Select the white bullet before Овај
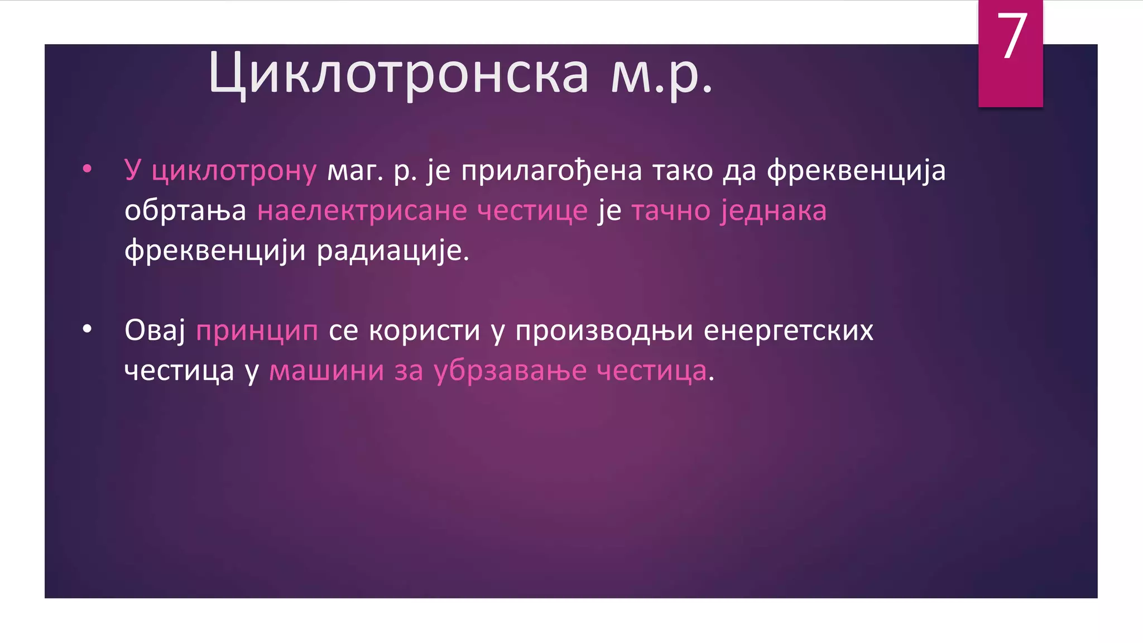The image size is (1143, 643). click(87, 329)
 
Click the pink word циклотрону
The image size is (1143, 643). click(234, 170)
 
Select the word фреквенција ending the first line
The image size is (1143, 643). click(856, 170)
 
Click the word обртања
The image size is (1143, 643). click(185, 211)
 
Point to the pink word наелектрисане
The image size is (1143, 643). click(362, 211)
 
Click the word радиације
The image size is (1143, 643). click(393, 251)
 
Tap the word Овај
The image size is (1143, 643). click(155, 330)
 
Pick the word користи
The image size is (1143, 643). click(424, 330)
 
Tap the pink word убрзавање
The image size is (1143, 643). click(510, 371)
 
